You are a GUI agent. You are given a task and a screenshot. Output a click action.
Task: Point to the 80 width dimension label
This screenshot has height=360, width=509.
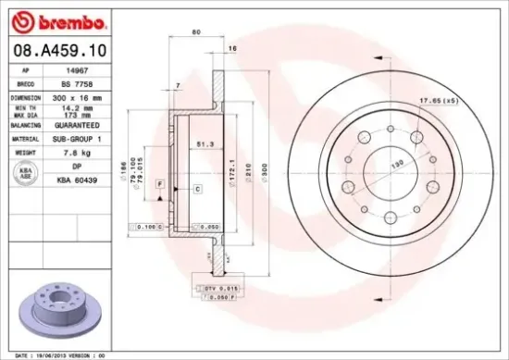pyautogui.click(x=195, y=32)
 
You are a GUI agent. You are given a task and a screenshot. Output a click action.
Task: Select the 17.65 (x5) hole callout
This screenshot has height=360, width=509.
pyautogui.click(x=440, y=100)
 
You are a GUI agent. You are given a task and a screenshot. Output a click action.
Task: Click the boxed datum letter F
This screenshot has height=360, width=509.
pyautogui.click(x=161, y=186)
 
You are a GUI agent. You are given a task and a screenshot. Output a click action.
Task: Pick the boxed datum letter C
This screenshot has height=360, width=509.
pyautogui.click(x=197, y=189)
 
